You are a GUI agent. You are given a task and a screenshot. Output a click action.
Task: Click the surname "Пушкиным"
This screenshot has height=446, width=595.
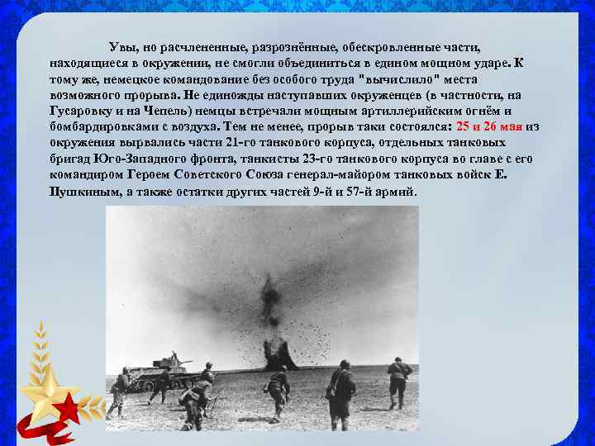click(79, 192)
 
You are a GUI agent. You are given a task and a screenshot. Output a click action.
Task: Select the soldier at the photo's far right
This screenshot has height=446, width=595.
click(399, 380)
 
